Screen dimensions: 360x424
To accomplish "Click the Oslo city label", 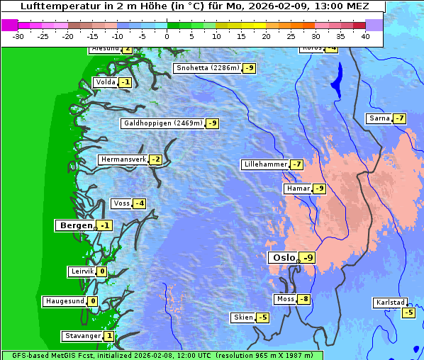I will [283, 258].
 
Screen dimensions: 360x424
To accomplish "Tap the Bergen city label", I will [75, 225].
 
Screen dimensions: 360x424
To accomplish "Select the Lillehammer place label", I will [265, 164].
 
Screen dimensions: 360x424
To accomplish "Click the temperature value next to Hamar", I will [320, 189].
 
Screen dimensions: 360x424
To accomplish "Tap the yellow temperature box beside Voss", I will [140, 204].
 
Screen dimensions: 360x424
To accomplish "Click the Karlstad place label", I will [391, 303].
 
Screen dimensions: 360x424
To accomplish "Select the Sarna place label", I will [379, 118].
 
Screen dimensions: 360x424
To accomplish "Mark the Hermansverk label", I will [123, 159].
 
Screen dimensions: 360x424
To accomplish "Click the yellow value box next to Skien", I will [262, 317].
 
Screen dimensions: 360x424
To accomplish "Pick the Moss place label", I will [285, 299].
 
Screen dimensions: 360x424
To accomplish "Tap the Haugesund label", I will [65, 301].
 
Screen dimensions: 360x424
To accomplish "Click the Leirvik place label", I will [82, 271].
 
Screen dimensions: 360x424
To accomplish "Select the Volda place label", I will [106, 82].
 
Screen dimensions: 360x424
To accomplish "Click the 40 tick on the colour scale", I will [364, 36].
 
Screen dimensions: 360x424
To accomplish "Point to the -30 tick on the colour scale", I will [18, 36].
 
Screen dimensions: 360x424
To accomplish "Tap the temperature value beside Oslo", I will [307, 258].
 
